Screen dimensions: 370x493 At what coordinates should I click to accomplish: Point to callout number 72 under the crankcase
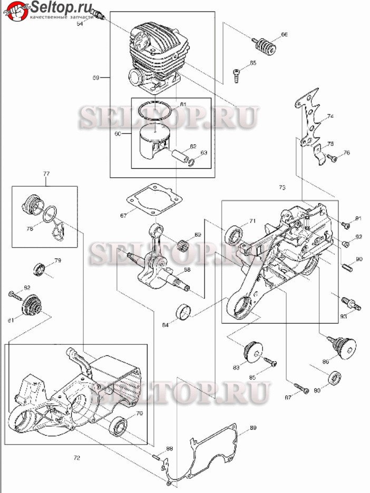(76, 458)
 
